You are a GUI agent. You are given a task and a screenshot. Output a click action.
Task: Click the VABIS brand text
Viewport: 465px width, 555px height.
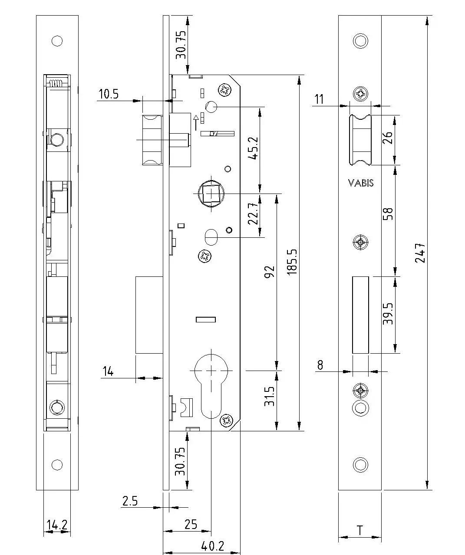pos(361,183)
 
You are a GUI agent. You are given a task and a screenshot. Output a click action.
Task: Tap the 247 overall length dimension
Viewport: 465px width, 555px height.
pos(420,253)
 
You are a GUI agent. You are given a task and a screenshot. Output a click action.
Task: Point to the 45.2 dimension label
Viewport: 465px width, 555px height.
pos(253,148)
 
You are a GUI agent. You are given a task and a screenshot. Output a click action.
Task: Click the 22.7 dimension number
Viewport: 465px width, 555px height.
pos(253,214)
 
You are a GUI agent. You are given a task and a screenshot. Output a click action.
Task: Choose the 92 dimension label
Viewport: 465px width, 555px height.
pos(269,272)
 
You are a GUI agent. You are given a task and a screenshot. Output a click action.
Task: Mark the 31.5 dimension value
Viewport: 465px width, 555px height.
pos(269,396)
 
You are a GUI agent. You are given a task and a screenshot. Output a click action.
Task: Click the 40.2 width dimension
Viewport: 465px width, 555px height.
pos(213,546)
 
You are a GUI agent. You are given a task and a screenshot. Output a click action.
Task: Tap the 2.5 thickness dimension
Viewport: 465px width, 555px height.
pos(130,501)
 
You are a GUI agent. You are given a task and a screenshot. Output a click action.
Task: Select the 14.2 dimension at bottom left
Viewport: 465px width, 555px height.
pos(57,525)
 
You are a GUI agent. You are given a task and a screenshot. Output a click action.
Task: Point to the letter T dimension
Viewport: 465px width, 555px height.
pos(359,530)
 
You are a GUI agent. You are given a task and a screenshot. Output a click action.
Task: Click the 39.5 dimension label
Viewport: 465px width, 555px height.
pos(388,314)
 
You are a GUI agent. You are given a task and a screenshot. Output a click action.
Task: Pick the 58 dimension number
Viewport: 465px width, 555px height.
pos(388,213)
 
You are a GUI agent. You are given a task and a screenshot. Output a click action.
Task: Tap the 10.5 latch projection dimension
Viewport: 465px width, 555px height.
pos(109,94)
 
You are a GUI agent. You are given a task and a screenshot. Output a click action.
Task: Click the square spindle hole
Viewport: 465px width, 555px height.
pos(211,194)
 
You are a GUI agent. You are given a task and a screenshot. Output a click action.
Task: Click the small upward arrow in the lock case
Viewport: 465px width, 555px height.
pos(196,123)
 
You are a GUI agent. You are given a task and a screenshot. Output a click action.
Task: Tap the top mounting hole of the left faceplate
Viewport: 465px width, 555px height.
pos(57,41)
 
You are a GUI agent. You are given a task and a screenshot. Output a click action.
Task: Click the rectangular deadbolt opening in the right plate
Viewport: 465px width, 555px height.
pos(360,315)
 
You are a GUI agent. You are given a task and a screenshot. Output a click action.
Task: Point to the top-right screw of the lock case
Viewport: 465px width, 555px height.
pos(225,90)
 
